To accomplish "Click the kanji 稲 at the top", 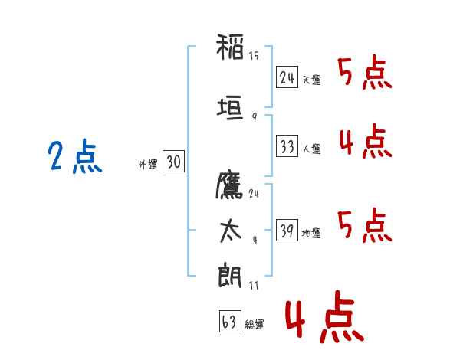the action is click(230, 47).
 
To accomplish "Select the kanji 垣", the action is click(230, 108).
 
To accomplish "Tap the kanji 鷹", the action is click(229, 185).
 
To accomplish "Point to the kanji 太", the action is click(230, 231).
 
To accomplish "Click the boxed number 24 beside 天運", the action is click(287, 77).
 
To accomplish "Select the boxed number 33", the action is click(287, 146).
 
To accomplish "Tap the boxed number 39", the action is click(287, 230).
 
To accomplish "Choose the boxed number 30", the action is click(173, 161).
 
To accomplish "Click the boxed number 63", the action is click(230, 321).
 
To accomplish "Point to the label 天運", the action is click(311, 80).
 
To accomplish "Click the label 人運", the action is click(311, 149).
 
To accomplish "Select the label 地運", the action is click(311, 233).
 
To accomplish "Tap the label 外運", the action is click(148, 165).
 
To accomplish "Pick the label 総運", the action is click(255, 324).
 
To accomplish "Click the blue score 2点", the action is click(75, 156).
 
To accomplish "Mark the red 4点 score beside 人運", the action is click(366, 141).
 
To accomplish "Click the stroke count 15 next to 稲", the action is click(254, 56).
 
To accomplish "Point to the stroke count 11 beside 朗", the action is click(254, 285).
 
